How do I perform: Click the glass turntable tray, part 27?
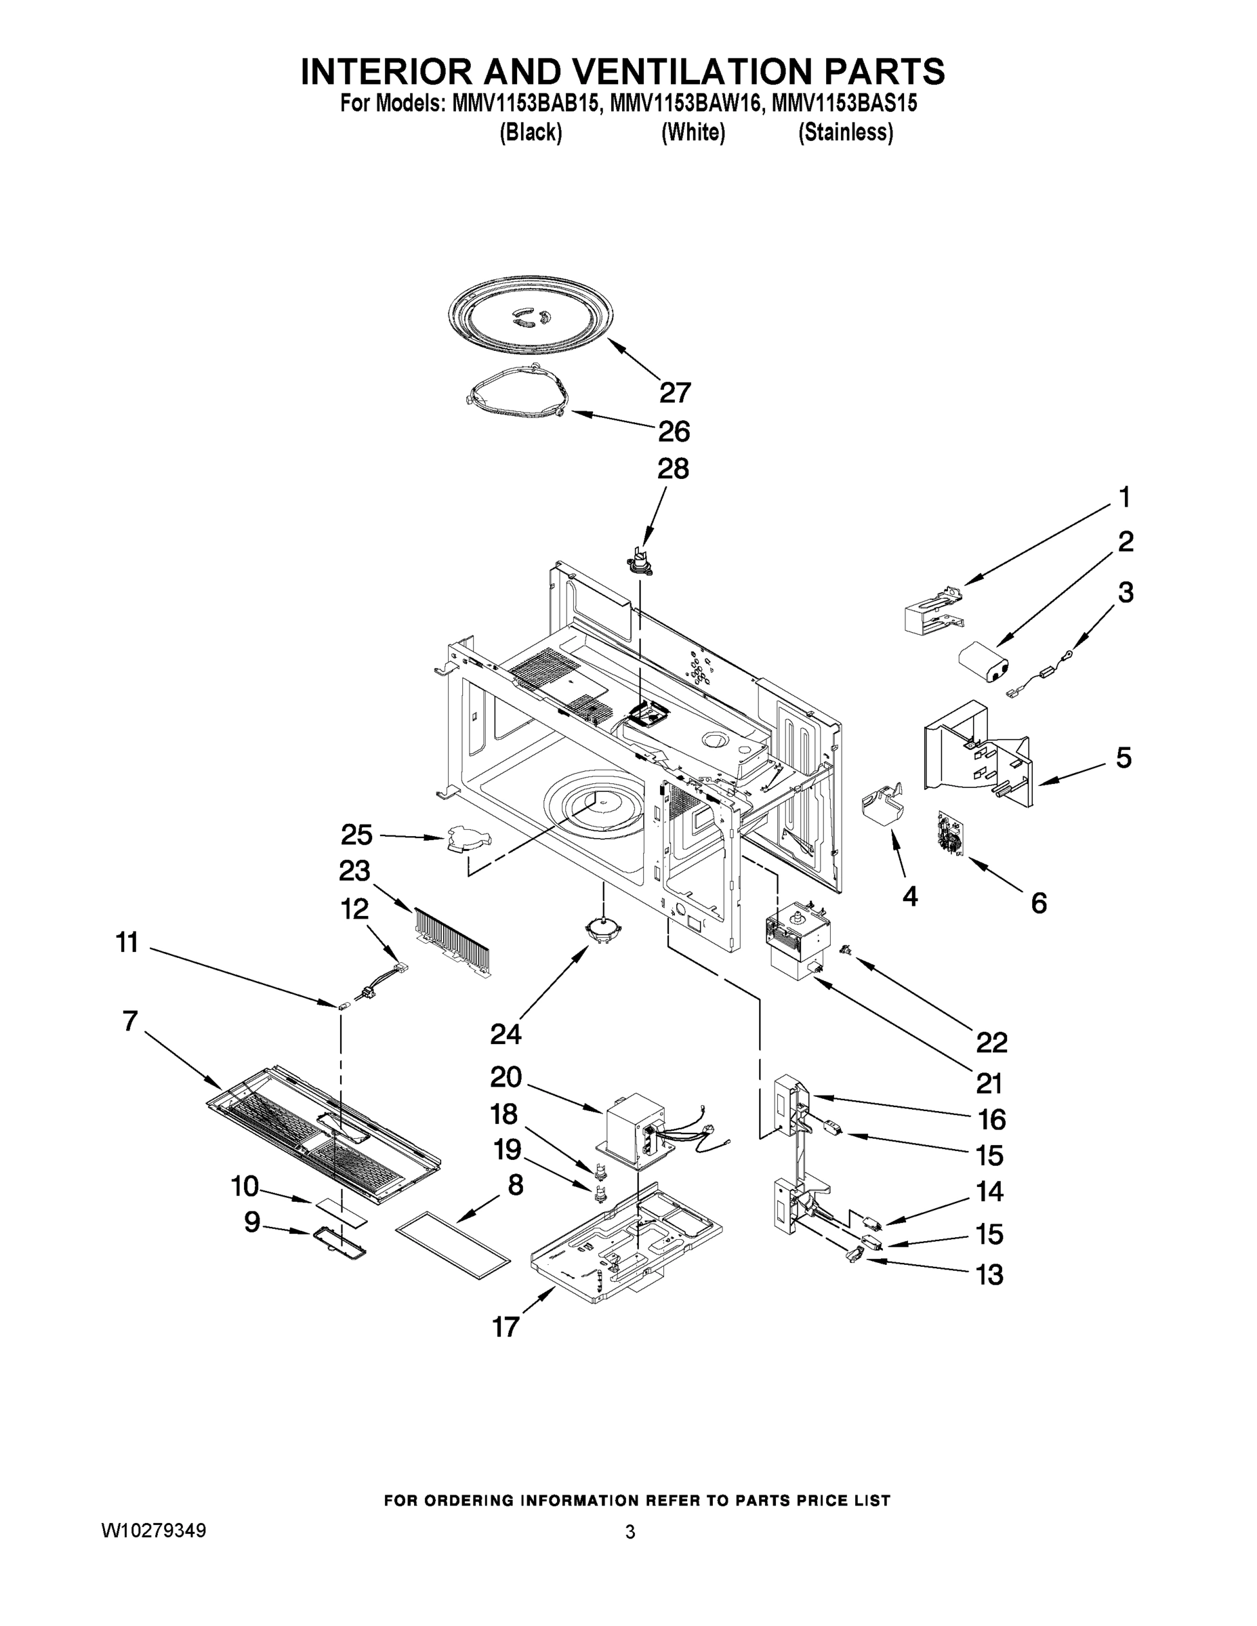(x=531, y=317)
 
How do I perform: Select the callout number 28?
(x=672, y=468)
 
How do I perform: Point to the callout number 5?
(x=1123, y=758)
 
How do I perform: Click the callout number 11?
(x=127, y=942)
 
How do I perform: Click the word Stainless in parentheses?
(x=845, y=133)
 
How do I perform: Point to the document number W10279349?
(x=153, y=1530)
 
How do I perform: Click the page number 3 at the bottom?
(x=630, y=1533)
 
